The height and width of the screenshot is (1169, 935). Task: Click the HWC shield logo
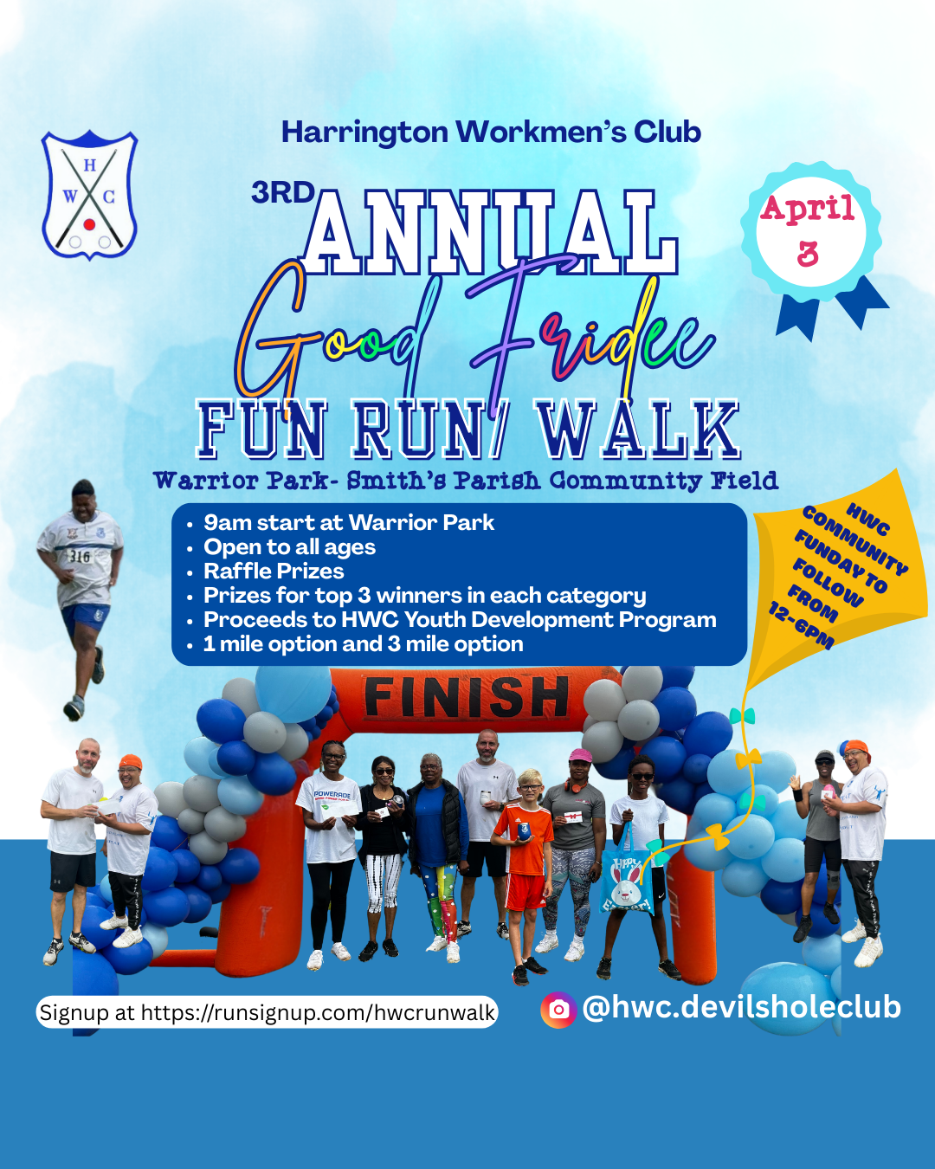point(90,195)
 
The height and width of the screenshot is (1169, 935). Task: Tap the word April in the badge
point(808,210)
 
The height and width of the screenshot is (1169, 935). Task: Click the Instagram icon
point(558,1010)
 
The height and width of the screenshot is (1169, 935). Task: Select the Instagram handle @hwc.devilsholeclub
point(742,1008)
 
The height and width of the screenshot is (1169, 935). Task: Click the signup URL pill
point(268,1012)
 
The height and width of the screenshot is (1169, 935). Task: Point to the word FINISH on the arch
point(467,697)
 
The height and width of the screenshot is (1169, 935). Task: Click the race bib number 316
point(80,556)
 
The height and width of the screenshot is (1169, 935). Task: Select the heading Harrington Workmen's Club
point(491,132)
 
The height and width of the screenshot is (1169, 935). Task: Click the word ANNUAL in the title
point(491,231)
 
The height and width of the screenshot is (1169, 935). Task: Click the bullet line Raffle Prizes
point(274,571)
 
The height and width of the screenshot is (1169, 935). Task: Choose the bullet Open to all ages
point(289,547)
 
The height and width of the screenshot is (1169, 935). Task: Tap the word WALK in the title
point(638,429)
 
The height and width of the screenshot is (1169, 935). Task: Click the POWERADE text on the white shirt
point(332,795)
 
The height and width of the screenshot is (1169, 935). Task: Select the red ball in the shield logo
point(90,224)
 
